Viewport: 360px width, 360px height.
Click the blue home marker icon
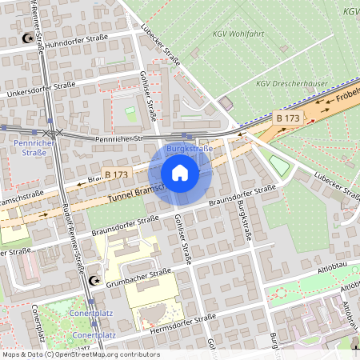(180, 173)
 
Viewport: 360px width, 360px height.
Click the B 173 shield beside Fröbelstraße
(288, 118)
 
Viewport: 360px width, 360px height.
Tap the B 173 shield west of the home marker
(115, 174)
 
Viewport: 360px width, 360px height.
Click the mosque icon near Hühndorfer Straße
(30, 38)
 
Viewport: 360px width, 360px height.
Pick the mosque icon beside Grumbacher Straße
(95, 281)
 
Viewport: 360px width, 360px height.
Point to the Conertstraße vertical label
(37, 320)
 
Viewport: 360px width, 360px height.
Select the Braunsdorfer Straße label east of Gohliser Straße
(242, 194)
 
